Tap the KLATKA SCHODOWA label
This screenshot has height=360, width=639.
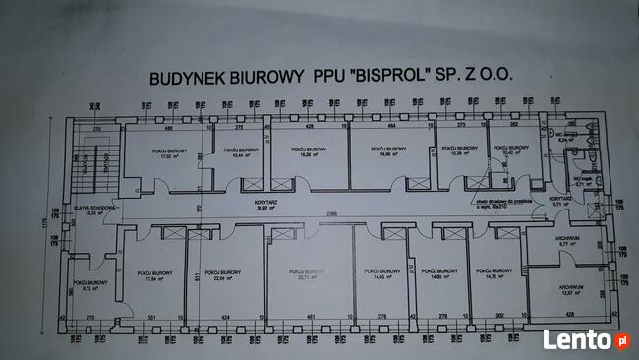click(88, 210)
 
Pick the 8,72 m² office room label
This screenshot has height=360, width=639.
click(87, 286)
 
